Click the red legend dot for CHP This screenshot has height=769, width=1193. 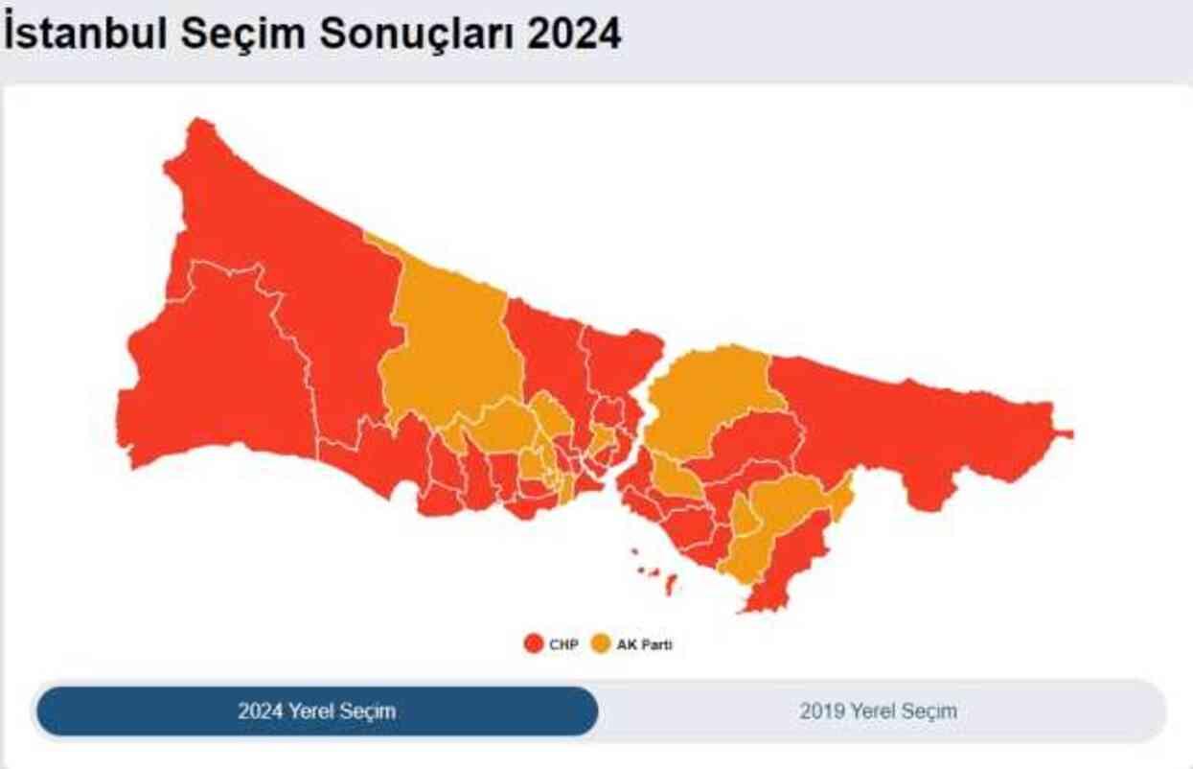click(x=534, y=644)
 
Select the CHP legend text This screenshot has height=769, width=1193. click(x=563, y=645)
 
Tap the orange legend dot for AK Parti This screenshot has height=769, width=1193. click(x=601, y=644)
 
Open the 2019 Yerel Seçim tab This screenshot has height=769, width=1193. click(x=878, y=711)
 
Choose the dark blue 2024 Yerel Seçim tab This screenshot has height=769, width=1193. click(x=316, y=711)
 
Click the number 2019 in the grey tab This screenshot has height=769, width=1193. click(x=821, y=711)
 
